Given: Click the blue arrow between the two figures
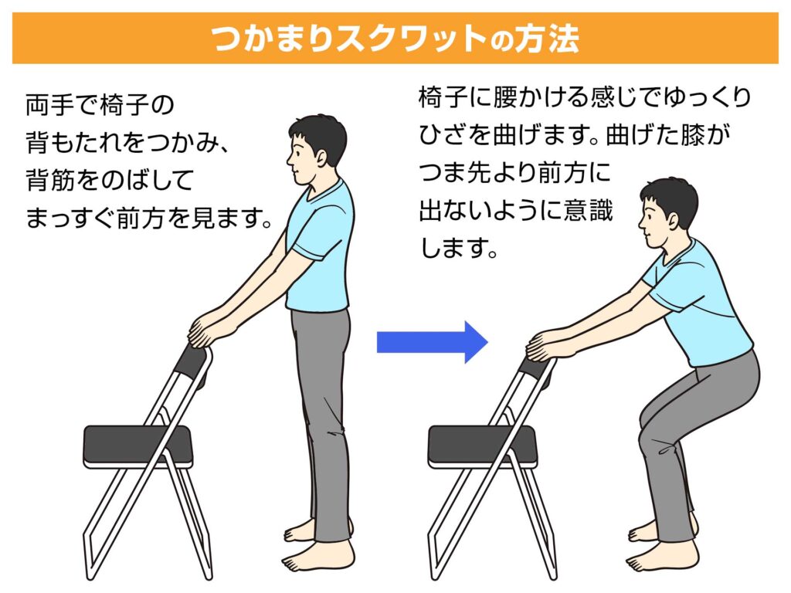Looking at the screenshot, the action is [432, 342].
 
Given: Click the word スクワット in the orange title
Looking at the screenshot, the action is [411, 39].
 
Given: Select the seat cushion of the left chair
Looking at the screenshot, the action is [137, 445].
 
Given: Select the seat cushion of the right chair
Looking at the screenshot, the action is [483, 445].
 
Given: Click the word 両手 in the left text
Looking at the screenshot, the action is [44, 105].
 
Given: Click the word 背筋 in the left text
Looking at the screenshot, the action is [44, 181].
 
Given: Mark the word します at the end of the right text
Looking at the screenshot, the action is [453, 248].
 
